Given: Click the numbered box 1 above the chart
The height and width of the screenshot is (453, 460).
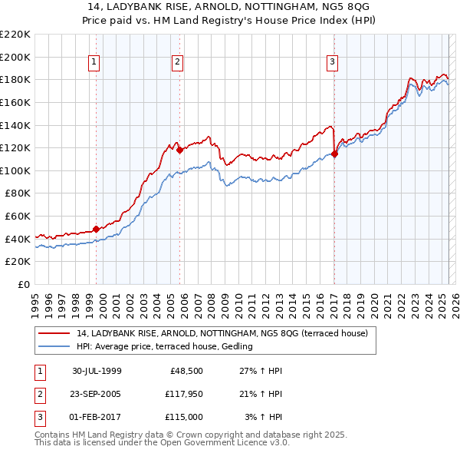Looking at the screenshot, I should (94, 62).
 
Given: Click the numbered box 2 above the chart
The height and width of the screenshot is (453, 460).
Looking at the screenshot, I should (177, 62).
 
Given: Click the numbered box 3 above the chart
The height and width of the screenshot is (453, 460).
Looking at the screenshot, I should (332, 62).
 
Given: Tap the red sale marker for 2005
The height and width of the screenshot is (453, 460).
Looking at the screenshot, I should (179, 150).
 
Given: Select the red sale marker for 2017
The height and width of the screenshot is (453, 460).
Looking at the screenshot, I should (335, 154).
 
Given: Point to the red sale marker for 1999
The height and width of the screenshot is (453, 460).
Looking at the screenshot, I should (96, 229).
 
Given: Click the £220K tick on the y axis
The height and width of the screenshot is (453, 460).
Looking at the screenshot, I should (15, 35).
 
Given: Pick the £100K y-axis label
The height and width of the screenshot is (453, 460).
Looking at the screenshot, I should (15, 170).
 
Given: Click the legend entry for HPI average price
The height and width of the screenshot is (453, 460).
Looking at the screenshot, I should (164, 347).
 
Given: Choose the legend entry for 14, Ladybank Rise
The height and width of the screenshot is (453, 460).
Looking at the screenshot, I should (222, 333).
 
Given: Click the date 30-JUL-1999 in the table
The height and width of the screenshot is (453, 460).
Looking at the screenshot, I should (97, 371).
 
